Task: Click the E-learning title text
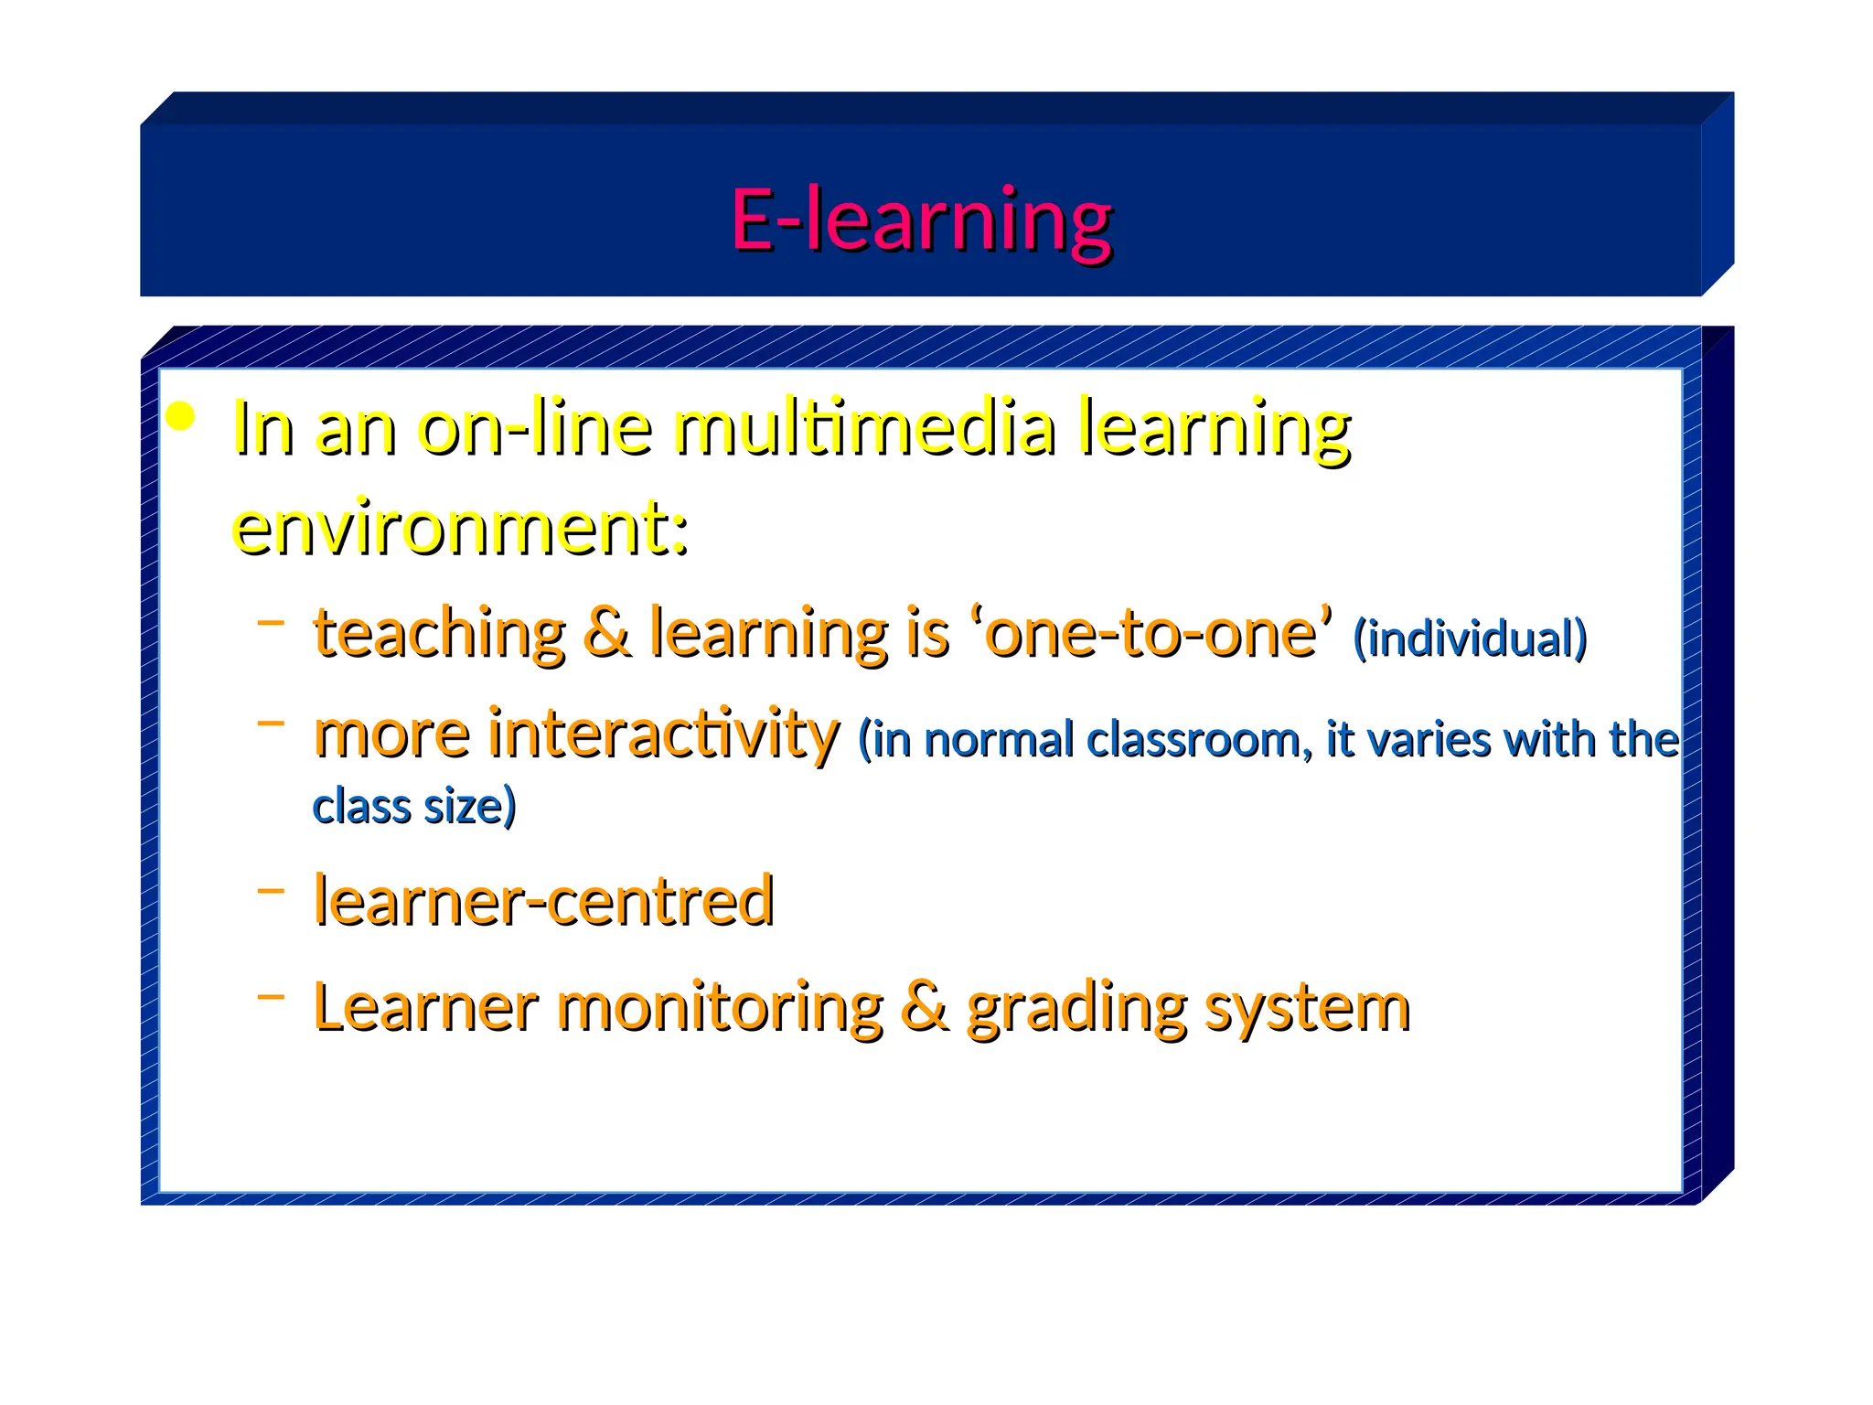coord(921,220)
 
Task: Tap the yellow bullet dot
coord(181,417)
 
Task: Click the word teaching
coord(440,633)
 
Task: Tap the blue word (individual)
coord(1470,638)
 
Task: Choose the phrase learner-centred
coord(544,900)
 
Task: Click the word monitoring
coord(721,1007)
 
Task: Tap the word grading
coord(1076,1009)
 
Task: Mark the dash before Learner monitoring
coord(271,995)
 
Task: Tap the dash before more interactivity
coord(271,723)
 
